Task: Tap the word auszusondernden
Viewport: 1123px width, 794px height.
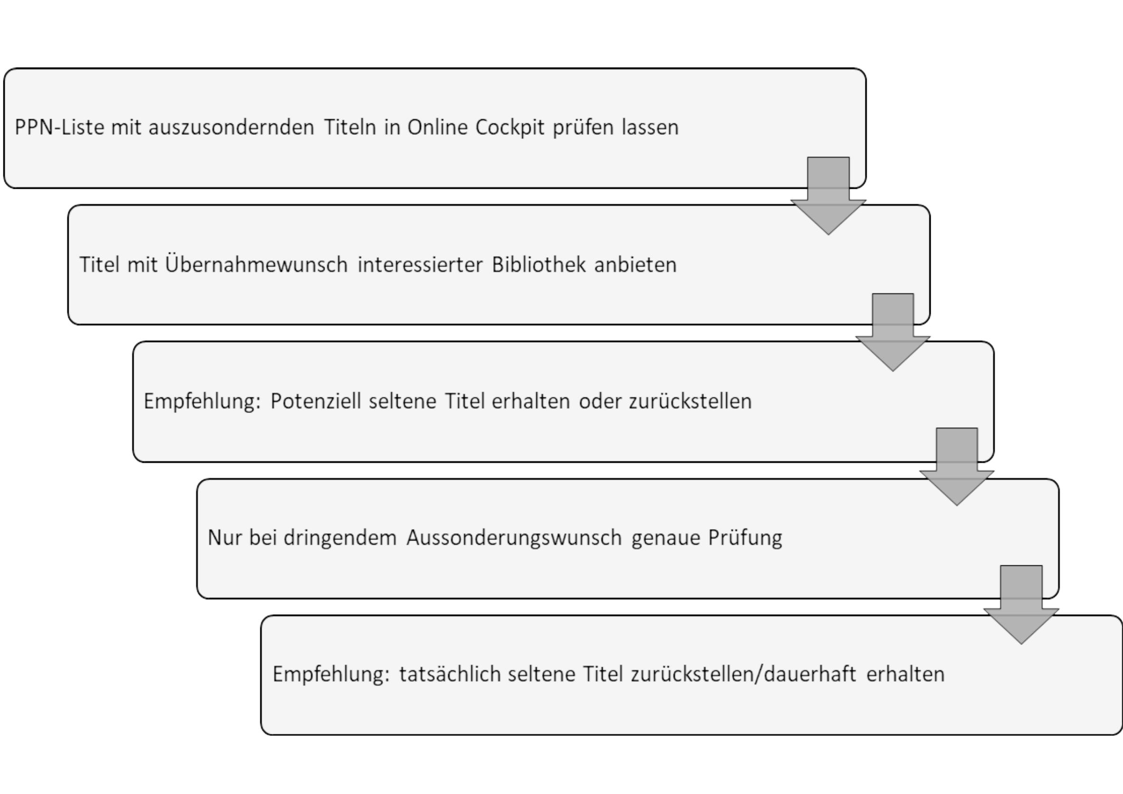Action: [231, 128]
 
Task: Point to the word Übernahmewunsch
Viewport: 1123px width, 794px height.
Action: [256, 264]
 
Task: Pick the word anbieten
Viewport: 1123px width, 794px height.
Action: [636, 264]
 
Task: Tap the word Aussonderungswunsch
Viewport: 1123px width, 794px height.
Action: [514, 538]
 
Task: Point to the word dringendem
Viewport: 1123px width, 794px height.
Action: [340, 538]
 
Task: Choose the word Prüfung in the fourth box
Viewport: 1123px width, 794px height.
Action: [745, 538]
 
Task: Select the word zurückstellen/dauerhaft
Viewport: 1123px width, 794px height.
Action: [743, 674]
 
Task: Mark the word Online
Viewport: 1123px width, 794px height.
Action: [437, 128]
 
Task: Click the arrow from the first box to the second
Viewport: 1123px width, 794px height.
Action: [828, 196]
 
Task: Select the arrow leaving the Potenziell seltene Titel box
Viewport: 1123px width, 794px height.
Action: [957, 467]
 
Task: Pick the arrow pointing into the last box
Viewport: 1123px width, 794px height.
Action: [1021, 604]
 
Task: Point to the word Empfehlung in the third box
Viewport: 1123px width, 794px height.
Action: [202, 402]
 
